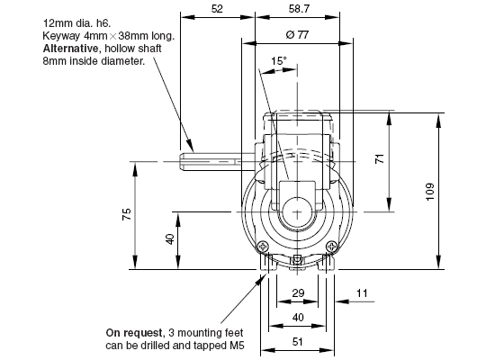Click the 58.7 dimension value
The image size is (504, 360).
(x=299, y=9)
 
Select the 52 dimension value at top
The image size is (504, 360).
(x=217, y=9)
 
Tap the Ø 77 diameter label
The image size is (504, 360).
(x=297, y=34)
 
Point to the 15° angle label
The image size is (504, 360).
(x=278, y=61)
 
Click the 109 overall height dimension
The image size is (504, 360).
(x=430, y=192)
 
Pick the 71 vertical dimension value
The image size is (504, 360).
(x=380, y=158)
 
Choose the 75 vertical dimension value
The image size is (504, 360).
(x=127, y=214)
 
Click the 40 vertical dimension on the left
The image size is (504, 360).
(x=170, y=239)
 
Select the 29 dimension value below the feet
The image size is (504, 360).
(x=298, y=293)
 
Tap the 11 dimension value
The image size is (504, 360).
(x=362, y=293)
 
